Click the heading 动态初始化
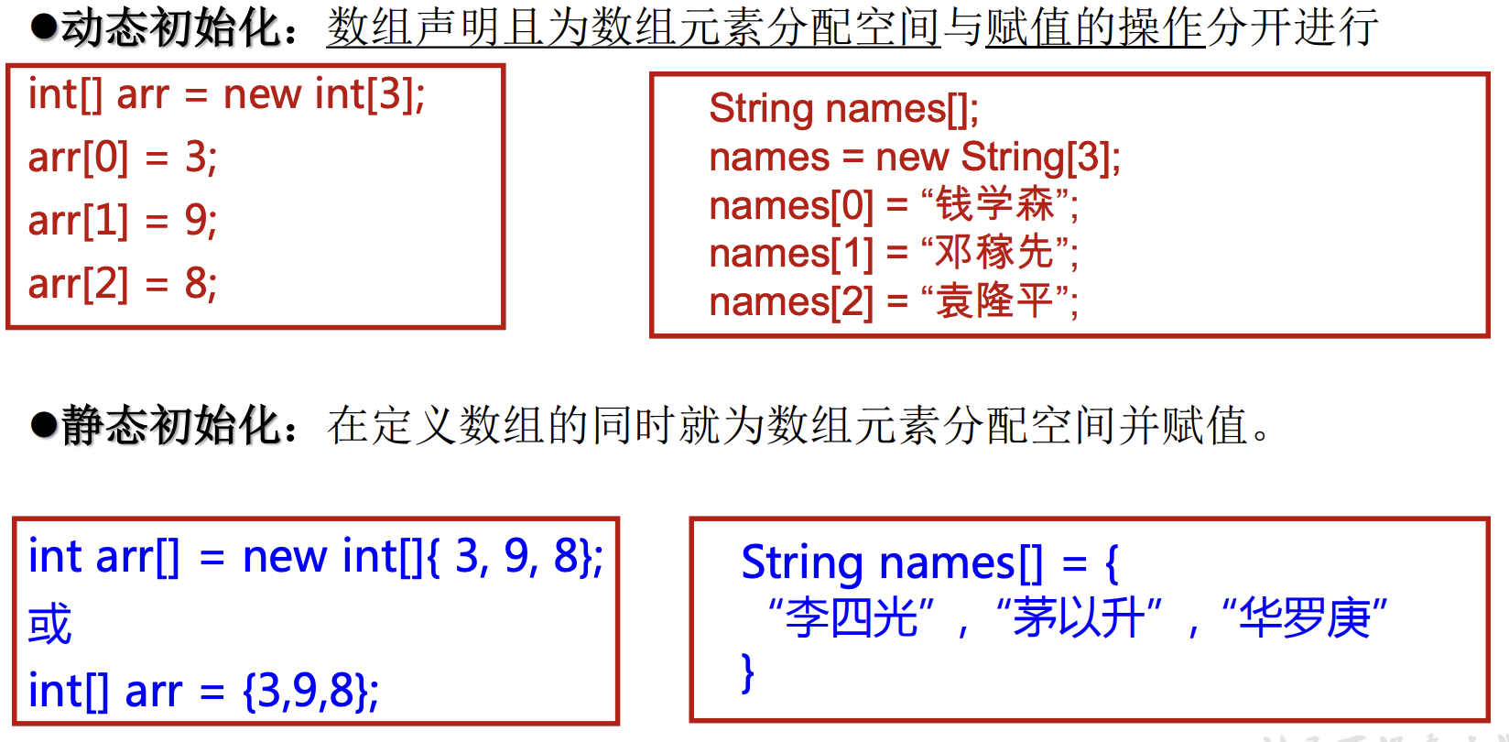click(169, 27)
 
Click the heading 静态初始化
click(169, 426)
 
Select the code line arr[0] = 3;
click(123, 158)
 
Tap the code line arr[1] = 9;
click(123, 221)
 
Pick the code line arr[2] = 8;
click(123, 284)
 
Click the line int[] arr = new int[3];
click(226, 94)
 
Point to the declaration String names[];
click(843, 109)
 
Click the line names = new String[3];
click(914, 158)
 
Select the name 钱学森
click(994, 204)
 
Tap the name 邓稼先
click(994, 253)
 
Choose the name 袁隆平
click(994, 301)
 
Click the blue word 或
click(49, 625)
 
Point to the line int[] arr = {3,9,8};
click(203, 691)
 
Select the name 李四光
click(852, 617)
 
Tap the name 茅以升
click(1078, 617)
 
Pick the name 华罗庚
click(1304, 617)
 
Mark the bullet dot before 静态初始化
click(43, 426)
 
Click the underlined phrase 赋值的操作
click(1094, 27)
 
